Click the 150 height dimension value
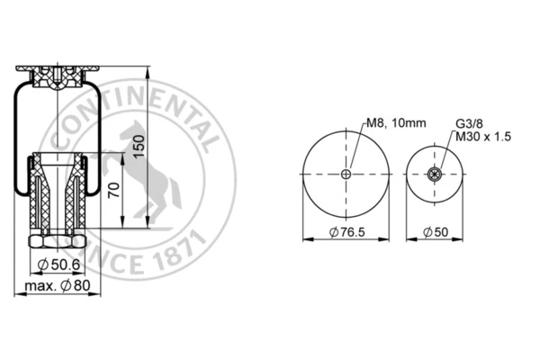click(139, 147)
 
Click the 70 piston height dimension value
click(114, 190)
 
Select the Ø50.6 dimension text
click(58, 265)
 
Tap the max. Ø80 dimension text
click(58, 285)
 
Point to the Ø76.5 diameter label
click(346, 232)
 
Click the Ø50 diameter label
click(436, 232)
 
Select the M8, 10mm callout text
click(396, 122)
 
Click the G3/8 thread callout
click(469, 123)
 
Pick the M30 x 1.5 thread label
click(483, 137)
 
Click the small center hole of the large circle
click(346, 174)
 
